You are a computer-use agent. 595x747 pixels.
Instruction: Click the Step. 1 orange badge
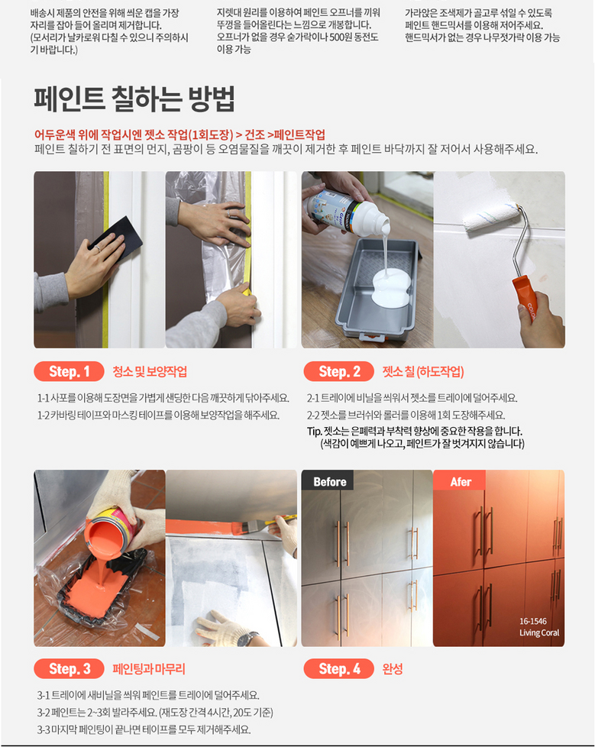(69, 372)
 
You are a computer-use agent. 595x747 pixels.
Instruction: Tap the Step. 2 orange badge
(338, 372)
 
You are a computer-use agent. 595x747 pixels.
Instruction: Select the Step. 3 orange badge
(69, 669)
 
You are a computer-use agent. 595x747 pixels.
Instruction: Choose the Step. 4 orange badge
(338, 669)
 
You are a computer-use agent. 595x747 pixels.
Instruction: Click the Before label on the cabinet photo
(330, 482)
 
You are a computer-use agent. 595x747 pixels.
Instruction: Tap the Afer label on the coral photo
(461, 482)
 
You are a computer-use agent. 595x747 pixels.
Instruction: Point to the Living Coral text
(539, 632)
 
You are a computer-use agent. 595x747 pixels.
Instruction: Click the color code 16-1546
(532, 621)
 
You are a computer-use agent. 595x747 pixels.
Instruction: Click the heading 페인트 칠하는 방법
(134, 99)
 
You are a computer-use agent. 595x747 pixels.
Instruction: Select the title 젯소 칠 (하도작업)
(423, 372)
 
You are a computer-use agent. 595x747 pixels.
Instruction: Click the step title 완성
(393, 669)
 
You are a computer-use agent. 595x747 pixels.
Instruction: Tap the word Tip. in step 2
(315, 432)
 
